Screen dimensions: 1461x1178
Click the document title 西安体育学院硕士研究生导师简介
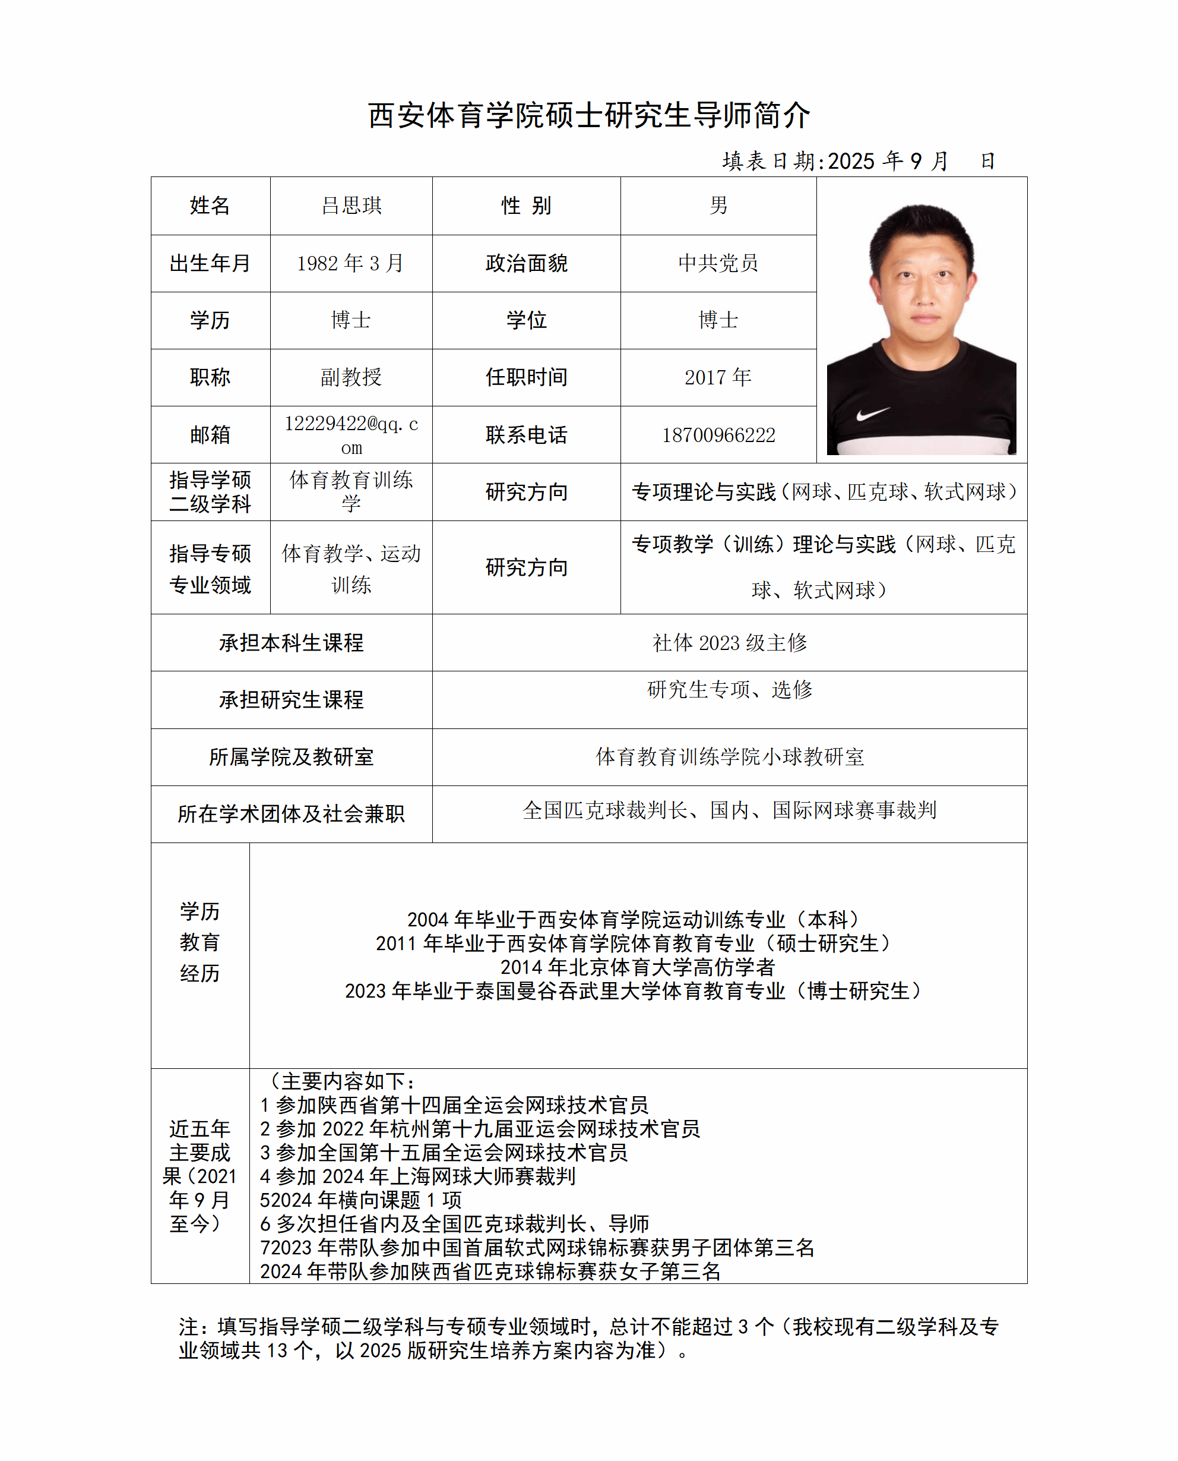588,115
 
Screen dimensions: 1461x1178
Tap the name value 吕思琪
351,205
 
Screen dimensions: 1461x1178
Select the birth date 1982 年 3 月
350,263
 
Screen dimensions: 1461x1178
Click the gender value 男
718,205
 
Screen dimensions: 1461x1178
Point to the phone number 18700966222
718,435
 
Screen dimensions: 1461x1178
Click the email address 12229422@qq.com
351,434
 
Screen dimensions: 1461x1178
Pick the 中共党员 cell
718,263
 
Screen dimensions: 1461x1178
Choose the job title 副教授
351,377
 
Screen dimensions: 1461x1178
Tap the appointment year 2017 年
718,377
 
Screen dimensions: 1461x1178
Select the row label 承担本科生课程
291,642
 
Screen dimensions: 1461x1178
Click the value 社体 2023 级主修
730,642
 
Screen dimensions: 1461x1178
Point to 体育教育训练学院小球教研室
730,756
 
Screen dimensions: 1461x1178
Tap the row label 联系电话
526,435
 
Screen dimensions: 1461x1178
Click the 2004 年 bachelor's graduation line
635,919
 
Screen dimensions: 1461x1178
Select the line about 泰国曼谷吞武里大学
635,990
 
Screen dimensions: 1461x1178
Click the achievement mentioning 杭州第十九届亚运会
479,1128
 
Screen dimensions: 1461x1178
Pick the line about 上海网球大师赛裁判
417,1176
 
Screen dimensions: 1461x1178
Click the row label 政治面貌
526,263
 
